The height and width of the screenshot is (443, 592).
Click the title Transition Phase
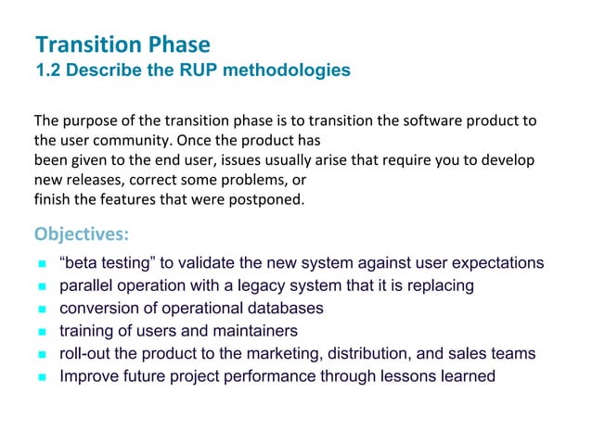pos(122,44)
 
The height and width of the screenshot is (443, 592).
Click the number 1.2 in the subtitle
pos(47,70)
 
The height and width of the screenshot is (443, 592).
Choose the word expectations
pos(501,263)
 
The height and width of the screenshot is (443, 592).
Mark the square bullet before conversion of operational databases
pos(42,309)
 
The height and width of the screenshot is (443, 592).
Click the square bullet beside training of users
pos(42,332)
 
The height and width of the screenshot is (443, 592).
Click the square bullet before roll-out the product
pos(42,354)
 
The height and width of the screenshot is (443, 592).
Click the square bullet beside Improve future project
pos(42,377)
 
